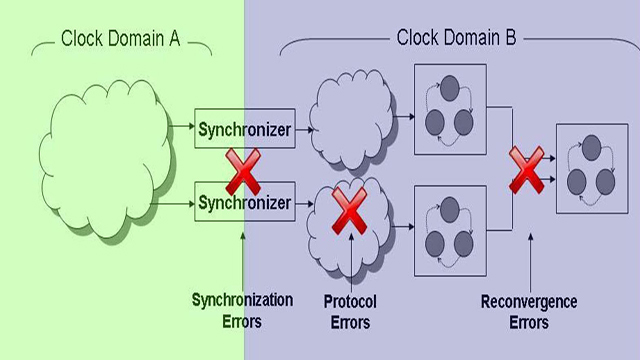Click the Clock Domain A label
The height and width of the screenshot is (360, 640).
[120, 39]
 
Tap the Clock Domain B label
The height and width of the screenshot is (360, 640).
[456, 39]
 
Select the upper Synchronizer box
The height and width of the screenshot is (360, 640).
[245, 129]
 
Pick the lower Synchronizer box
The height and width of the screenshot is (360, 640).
[245, 203]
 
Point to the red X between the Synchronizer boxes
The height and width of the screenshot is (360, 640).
[243, 169]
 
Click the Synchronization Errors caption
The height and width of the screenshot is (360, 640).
[242, 310]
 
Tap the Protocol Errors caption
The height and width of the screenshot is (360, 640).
[349, 310]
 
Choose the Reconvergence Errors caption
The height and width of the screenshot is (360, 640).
[529, 312]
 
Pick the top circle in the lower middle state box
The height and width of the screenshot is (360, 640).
[449, 208]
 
